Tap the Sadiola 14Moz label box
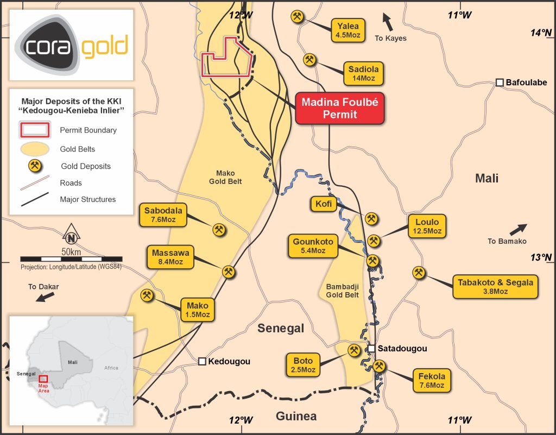coord(363,73)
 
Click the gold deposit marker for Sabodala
coord(219,230)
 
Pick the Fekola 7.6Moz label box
coord(432,380)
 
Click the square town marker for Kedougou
coord(202,361)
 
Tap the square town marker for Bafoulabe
coord(499,83)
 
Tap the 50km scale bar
coord(71,259)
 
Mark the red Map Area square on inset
coord(43,379)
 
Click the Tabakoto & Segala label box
coord(495,286)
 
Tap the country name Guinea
coord(296,417)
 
